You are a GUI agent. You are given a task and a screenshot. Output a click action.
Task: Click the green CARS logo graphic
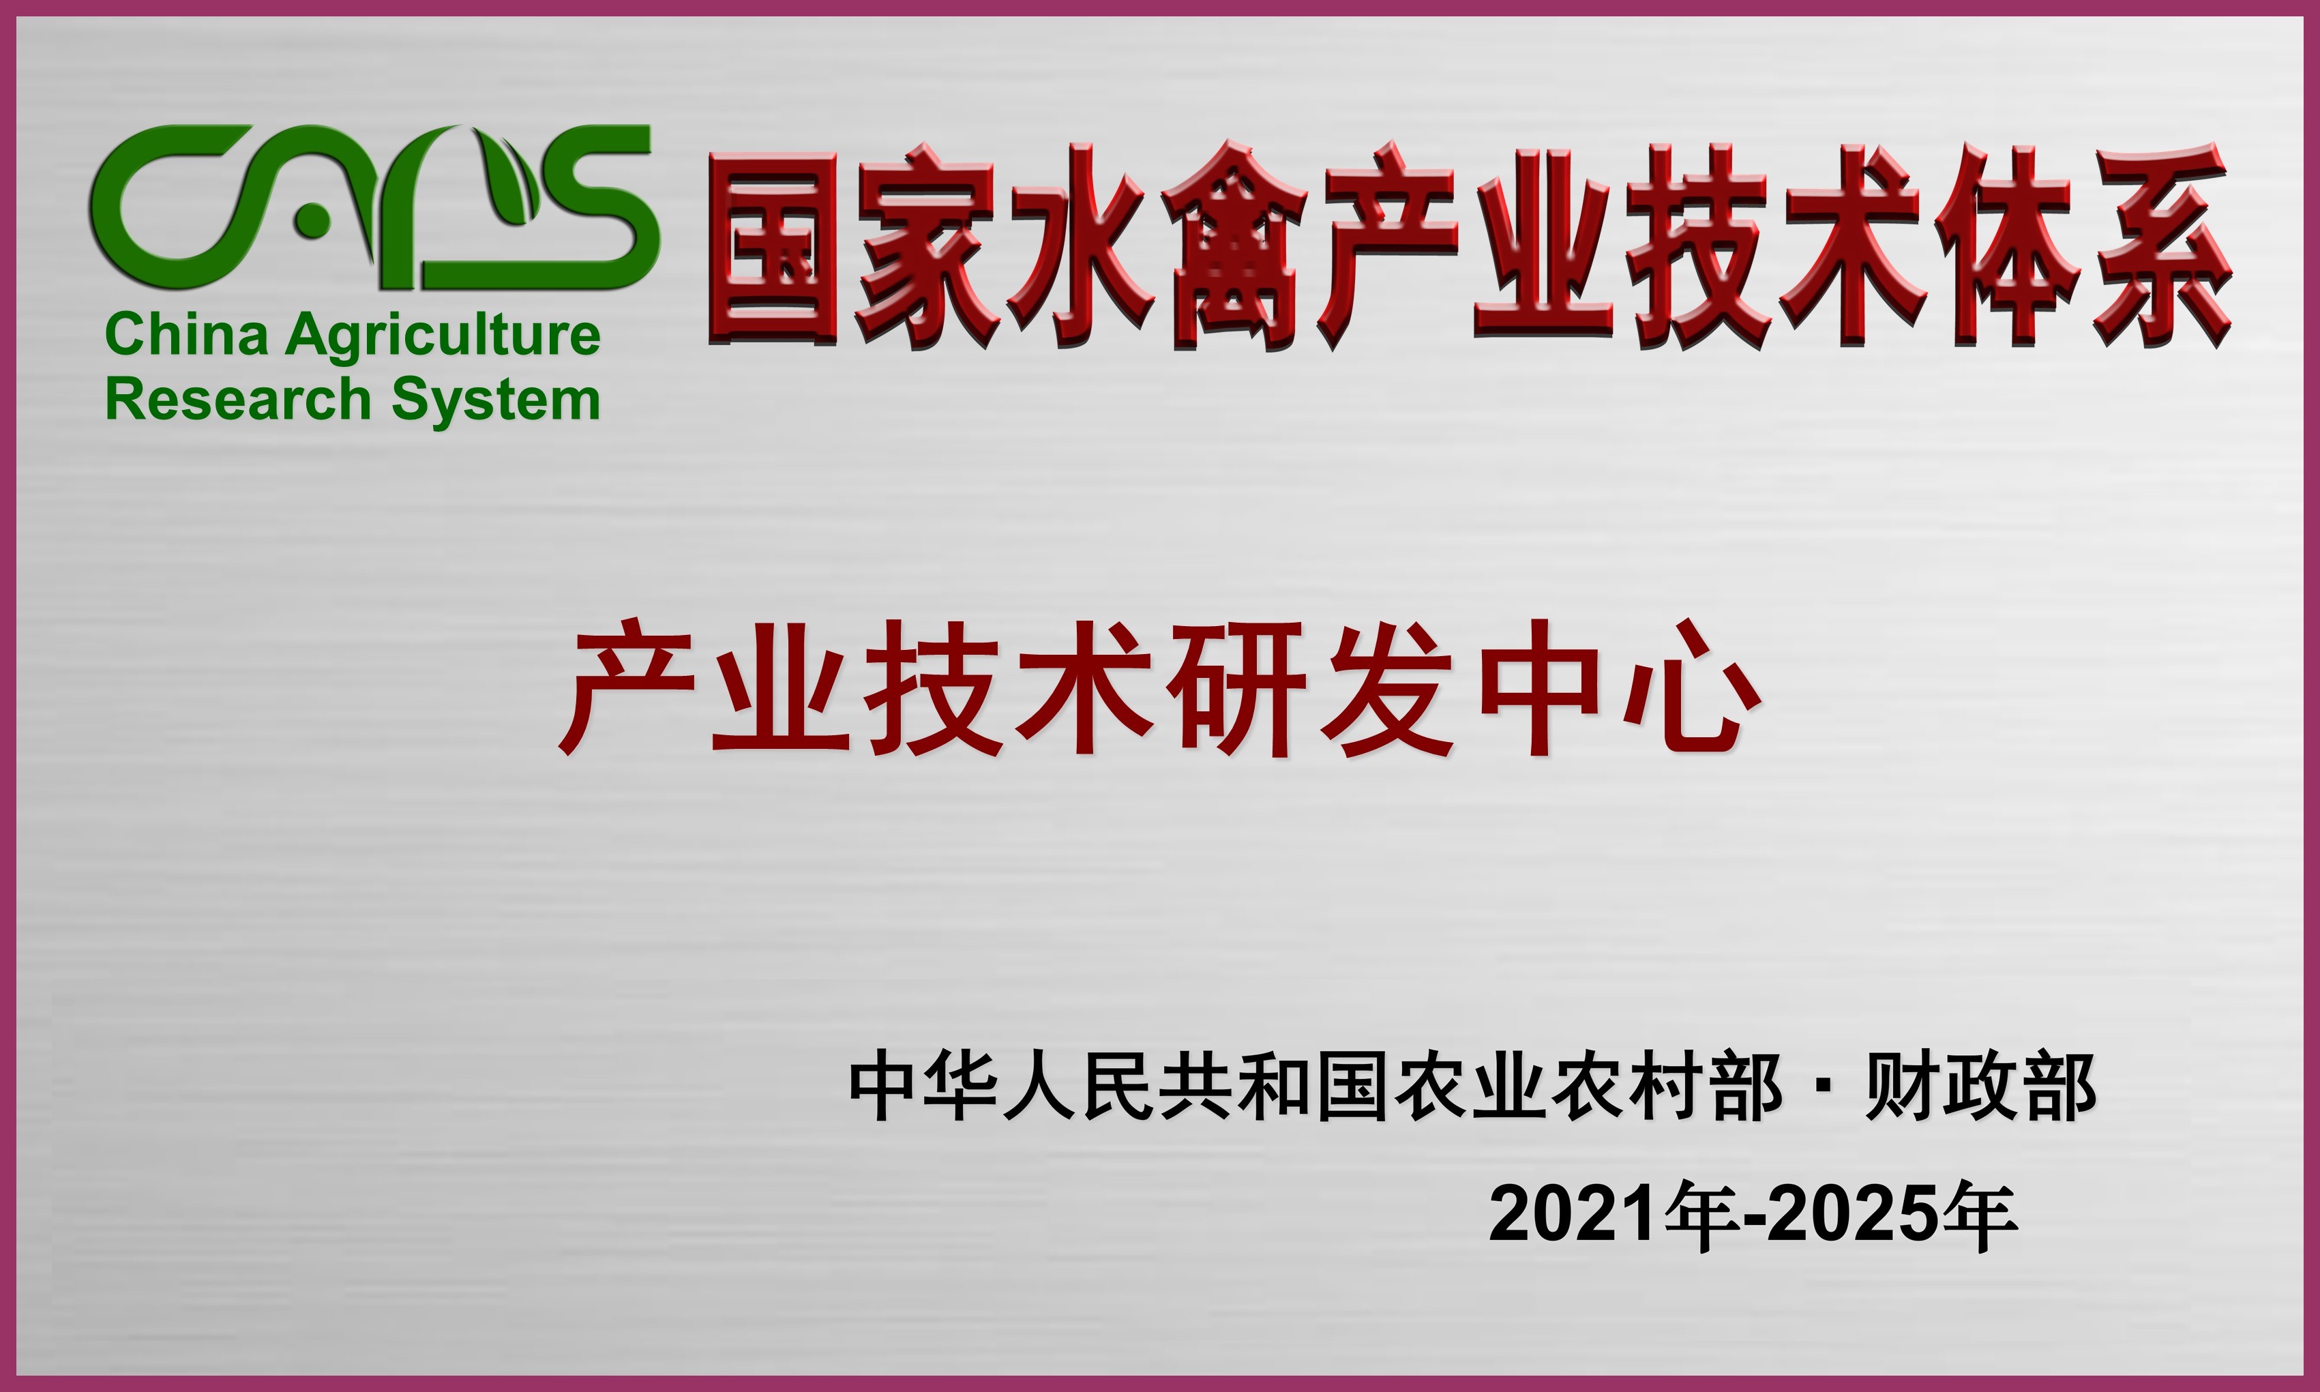pos(375,207)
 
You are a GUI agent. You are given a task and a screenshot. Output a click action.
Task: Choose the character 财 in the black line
pos(1900,1087)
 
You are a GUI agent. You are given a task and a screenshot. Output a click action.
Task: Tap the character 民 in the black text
pos(1118,1087)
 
